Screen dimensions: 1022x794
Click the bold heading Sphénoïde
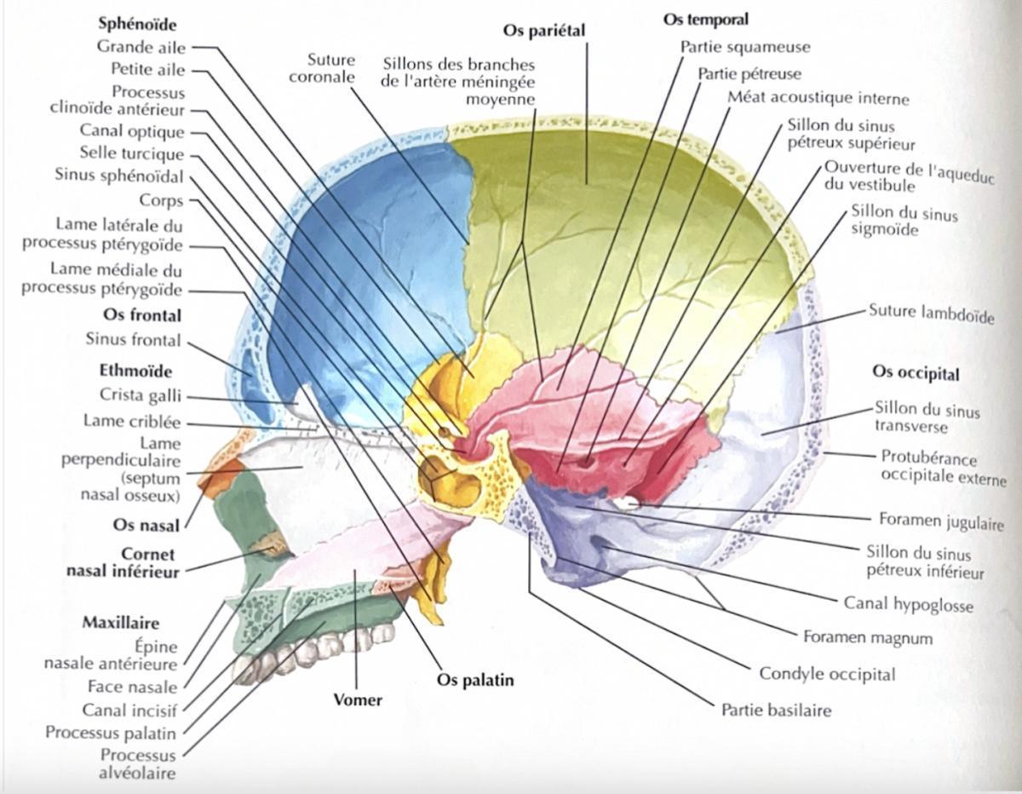tap(137, 25)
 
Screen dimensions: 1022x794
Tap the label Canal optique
tap(132, 130)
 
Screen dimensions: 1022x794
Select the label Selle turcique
tap(132, 153)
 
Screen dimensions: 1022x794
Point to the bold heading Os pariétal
tap(544, 31)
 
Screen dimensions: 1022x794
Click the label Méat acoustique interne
tap(818, 98)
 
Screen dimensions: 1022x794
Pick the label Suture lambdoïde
tap(932, 314)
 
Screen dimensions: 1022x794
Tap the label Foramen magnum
tap(868, 638)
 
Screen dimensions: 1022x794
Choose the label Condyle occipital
tap(827, 674)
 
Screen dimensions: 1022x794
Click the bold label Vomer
tap(358, 700)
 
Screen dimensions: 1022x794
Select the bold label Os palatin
tap(475, 680)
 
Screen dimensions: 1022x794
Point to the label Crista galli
tap(141, 395)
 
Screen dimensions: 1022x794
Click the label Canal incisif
tap(129, 711)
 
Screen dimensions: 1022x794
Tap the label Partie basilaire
tap(777, 711)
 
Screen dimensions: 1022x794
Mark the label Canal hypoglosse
tap(909, 604)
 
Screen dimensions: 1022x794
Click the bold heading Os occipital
tap(916, 373)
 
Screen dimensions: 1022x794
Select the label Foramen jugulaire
tap(942, 521)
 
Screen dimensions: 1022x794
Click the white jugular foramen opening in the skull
tap(629, 503)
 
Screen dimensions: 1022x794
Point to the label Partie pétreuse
tap(749, 74)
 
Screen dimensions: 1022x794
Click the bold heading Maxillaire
tap(121, 624)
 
